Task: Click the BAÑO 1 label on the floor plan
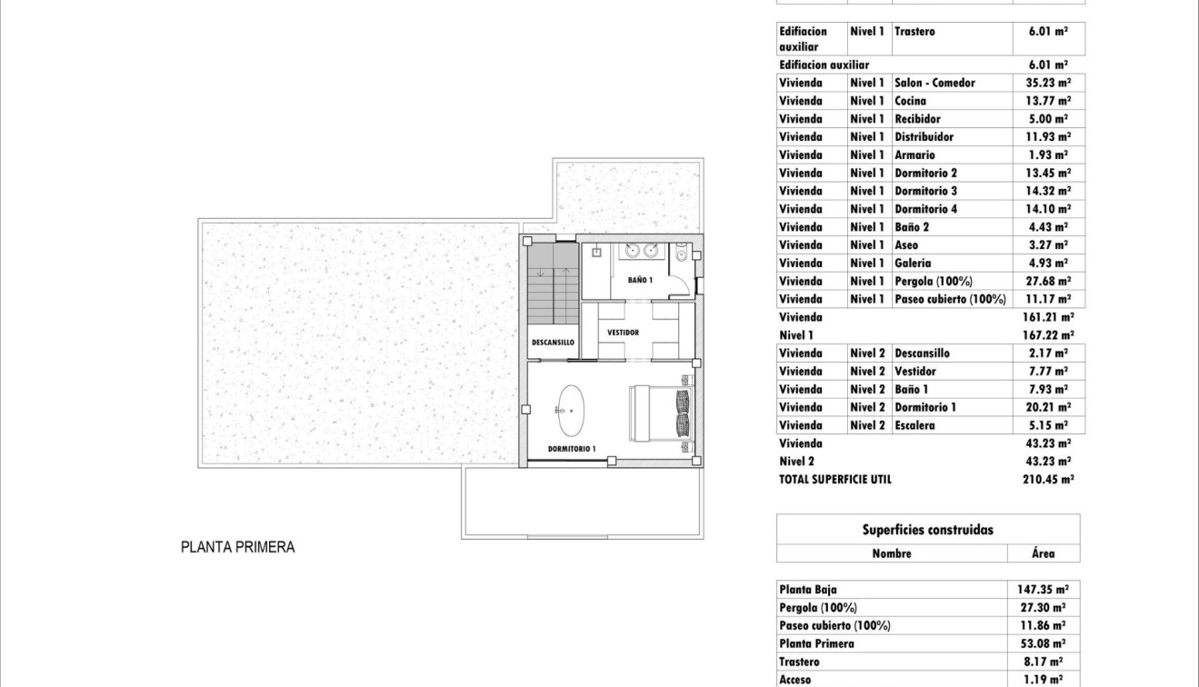point(639,280)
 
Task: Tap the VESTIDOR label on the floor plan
point(624,333)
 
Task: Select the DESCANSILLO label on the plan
point(553,343)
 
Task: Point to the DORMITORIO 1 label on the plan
point(572,449)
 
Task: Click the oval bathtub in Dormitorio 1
point(571,411)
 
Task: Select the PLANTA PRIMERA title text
point(238,547)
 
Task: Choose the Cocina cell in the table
point(910,101)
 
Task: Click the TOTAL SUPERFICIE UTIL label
point(835,479)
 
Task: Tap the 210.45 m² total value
point(1048,479)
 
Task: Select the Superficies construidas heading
point(927,530)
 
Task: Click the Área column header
point(1044,553)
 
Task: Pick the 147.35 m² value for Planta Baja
point(1042,589)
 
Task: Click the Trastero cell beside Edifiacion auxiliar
point(914,31)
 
